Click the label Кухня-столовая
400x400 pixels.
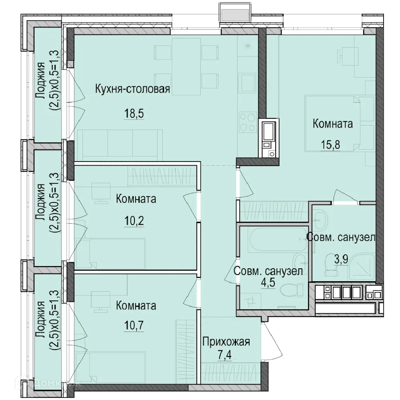132,89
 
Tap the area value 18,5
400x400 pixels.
134,113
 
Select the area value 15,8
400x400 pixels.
330,145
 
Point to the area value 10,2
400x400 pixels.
134,220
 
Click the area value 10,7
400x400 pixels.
134,325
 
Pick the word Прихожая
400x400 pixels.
226,342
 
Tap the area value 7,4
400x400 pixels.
224,355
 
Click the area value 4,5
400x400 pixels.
268,283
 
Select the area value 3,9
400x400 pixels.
341,260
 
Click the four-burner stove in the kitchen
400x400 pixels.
248,122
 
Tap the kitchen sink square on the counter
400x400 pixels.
247,83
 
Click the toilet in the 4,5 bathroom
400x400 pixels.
292,290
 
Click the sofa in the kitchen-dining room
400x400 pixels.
120,145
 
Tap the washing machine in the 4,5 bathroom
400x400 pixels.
250,301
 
